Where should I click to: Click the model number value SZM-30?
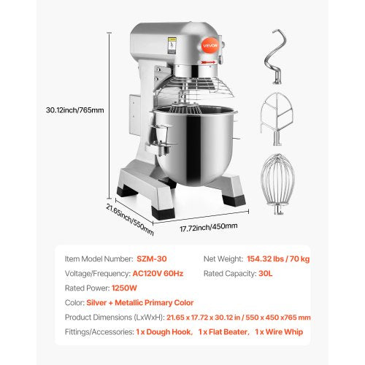tap(153, 259)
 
